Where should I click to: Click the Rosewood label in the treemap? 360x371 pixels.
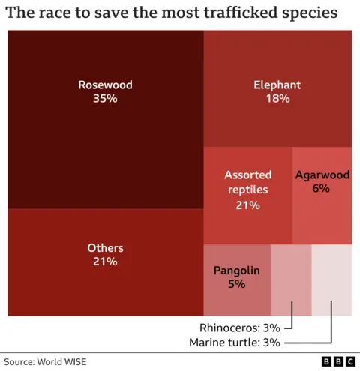point(105,85)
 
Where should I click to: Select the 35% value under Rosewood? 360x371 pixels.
point(105,99)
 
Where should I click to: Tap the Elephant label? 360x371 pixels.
point(277,85)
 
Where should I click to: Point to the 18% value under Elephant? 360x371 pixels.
point(277,99)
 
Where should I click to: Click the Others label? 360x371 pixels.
point(105,247)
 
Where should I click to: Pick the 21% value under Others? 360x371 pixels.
point(105,262)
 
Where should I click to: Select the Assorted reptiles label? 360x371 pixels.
point(247,182)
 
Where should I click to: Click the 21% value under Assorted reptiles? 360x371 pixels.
point(247,205)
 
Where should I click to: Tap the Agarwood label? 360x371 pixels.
point(322,175)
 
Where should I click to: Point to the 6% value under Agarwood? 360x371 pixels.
point(322,189)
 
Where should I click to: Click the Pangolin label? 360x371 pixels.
point(237,270)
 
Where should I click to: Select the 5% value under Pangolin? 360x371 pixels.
point(237,284)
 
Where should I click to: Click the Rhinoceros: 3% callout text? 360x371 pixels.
point(239,328)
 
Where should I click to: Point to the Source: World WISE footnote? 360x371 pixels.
point(46,361)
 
